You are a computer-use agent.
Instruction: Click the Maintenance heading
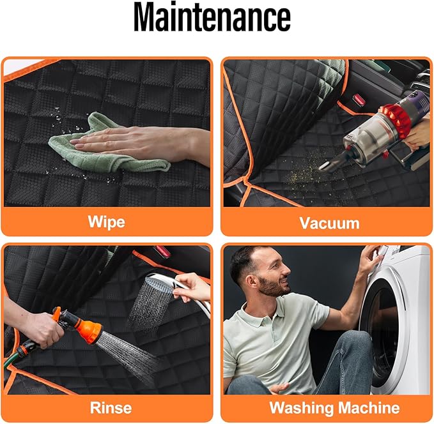click(x=212, y=17)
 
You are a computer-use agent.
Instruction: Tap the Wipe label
click(x=107, y=222)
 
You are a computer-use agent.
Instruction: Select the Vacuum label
click(x=329, y=223)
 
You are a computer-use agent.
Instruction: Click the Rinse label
click(x=111, y=407)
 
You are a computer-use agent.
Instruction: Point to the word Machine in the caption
click(x=369, y=407)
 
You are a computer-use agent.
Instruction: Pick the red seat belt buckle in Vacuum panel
click(x=359, y=99)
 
